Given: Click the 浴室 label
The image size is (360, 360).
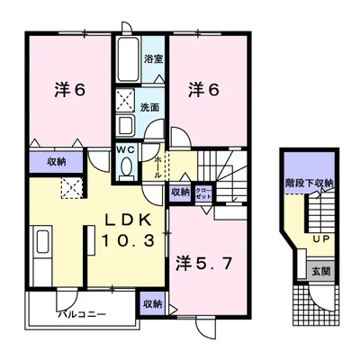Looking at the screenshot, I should pyautogui.click(x=154, y=60).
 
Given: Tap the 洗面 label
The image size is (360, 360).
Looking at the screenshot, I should pyautogui.click(x=149, y=107).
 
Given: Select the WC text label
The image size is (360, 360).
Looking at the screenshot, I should pyautogui.click(x=125, y=150).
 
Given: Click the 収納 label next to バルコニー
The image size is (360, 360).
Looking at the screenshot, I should pyautogui.click(x=152, y=305).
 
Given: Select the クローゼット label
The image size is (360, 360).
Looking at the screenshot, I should pyautogui.click(x=204, y=192).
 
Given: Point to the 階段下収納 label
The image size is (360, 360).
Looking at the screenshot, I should pyautogui.click(x=310, y=183).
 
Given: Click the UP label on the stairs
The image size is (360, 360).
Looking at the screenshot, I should pyautogui.click(x=319, y=238).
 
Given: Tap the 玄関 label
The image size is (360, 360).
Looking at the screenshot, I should pyautogui.click(x=321, y=269).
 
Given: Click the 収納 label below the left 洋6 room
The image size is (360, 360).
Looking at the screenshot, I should pyautogui.click(x=42, y=162).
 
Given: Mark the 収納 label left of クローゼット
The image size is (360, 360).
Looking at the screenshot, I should pyautogui.click(x=180, y=192).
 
